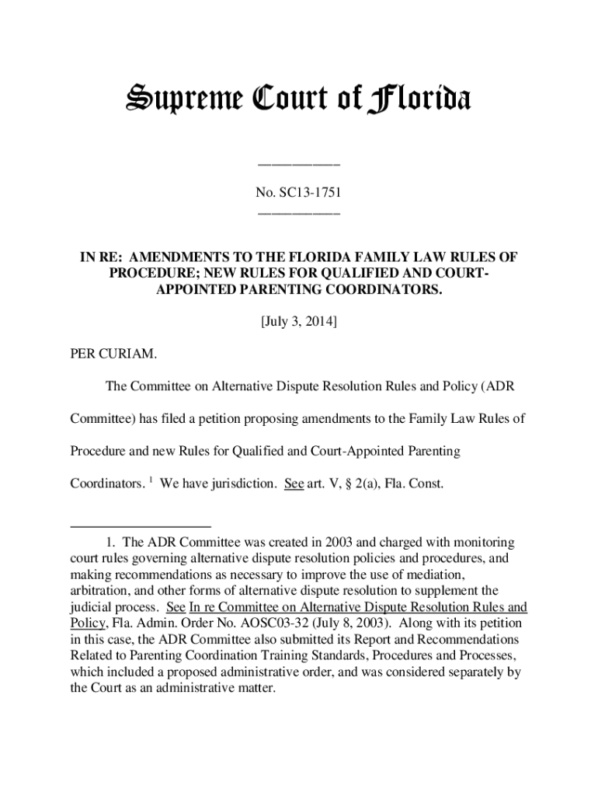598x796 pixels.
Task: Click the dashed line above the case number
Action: [298, 165]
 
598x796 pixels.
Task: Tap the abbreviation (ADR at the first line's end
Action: [497, 386]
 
